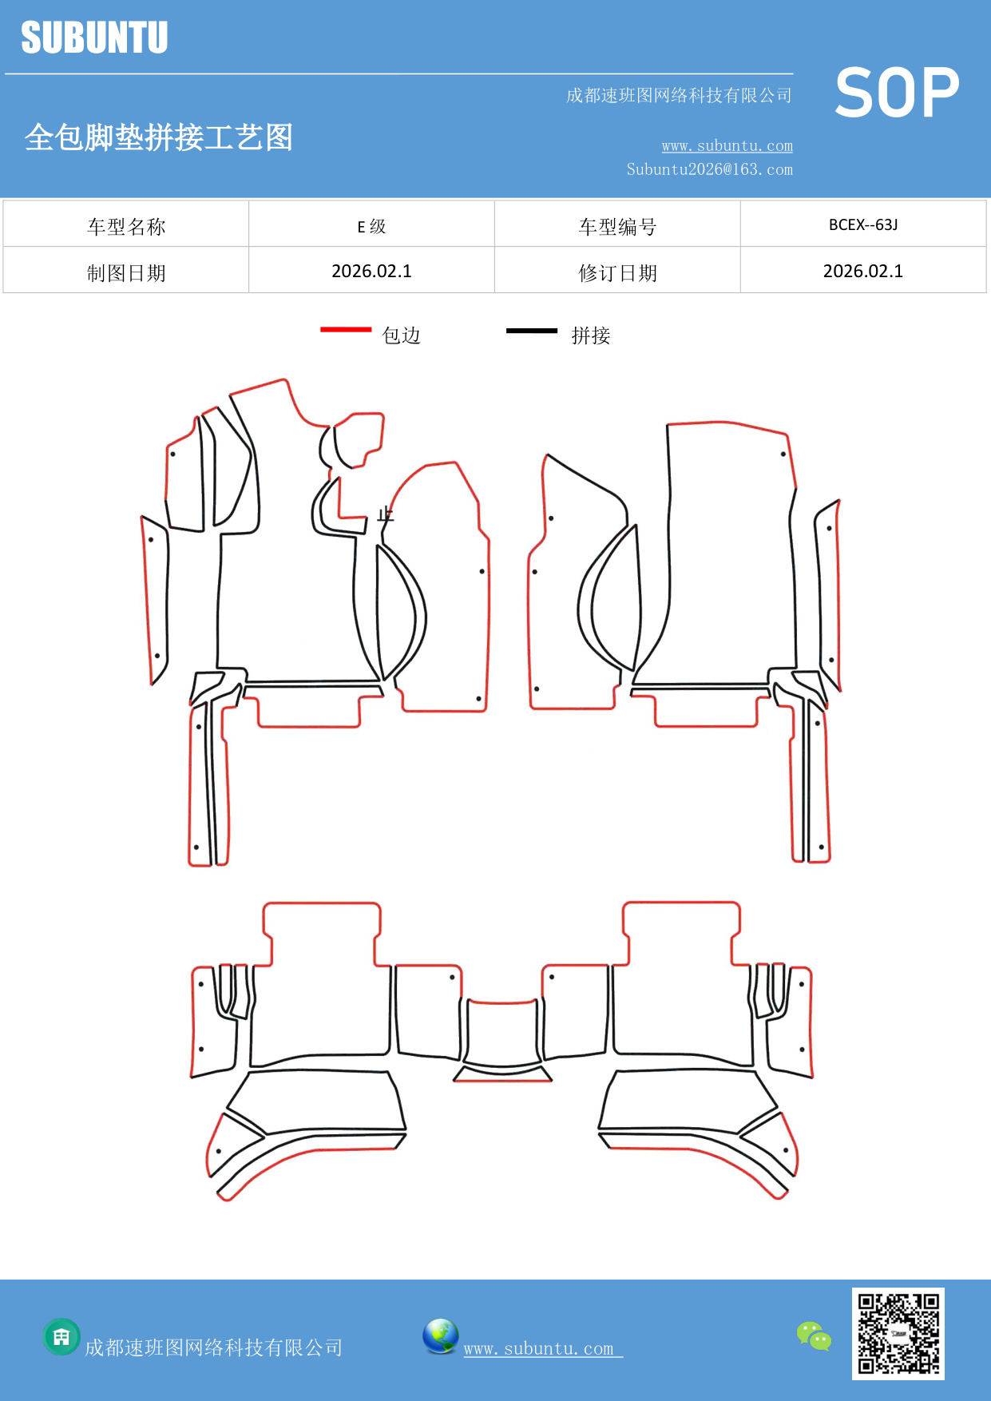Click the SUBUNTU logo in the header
[94, 38]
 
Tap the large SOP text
[897, 93]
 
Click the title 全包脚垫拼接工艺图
[159, 137]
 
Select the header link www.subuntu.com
[727, 145]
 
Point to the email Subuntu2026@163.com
[709, 169]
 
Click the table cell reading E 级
[371, 226]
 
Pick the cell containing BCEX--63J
[863, 225]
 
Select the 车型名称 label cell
[126, 227]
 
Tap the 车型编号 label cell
[617, 227]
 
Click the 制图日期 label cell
[126, 273]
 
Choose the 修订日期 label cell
[617, 273]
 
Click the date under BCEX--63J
[863, 272]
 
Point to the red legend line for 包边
[346, 329]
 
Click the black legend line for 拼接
[532, 330]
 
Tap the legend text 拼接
[591, 335]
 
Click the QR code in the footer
[898, 1333]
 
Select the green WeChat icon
[814, 1336]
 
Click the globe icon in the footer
[441, 1336]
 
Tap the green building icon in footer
[61, 1336]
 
